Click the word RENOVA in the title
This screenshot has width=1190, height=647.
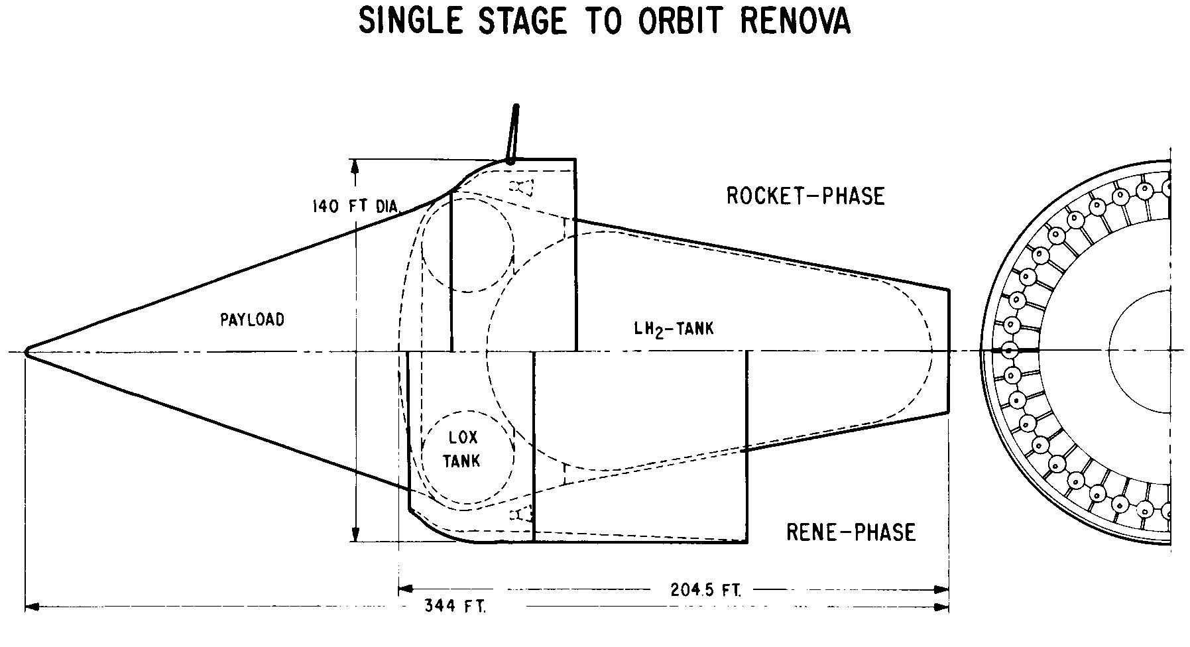tap(794, 21)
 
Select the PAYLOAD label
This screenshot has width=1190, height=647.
tap(252, 320)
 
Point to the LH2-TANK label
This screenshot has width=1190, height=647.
tap(674, 329)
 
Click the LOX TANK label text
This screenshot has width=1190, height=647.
tap(462, 449)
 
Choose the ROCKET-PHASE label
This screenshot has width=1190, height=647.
tap(805, 196)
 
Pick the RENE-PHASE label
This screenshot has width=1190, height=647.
tap(851, 532)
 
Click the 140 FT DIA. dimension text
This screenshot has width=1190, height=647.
tap(355, 207)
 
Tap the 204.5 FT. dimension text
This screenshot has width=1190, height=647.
tap(695, 589)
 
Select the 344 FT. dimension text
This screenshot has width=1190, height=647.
tap(455, 606)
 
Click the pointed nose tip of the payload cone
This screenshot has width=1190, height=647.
tap(26, 351)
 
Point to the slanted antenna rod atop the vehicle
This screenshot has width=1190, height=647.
tap(512, 133)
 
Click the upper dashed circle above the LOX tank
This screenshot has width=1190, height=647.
tap(467, 245)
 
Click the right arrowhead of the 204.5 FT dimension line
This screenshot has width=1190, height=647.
tap(942, 589)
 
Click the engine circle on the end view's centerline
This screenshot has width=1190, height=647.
tap(1008, 350)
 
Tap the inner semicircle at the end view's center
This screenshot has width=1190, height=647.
tap(1108, 350)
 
